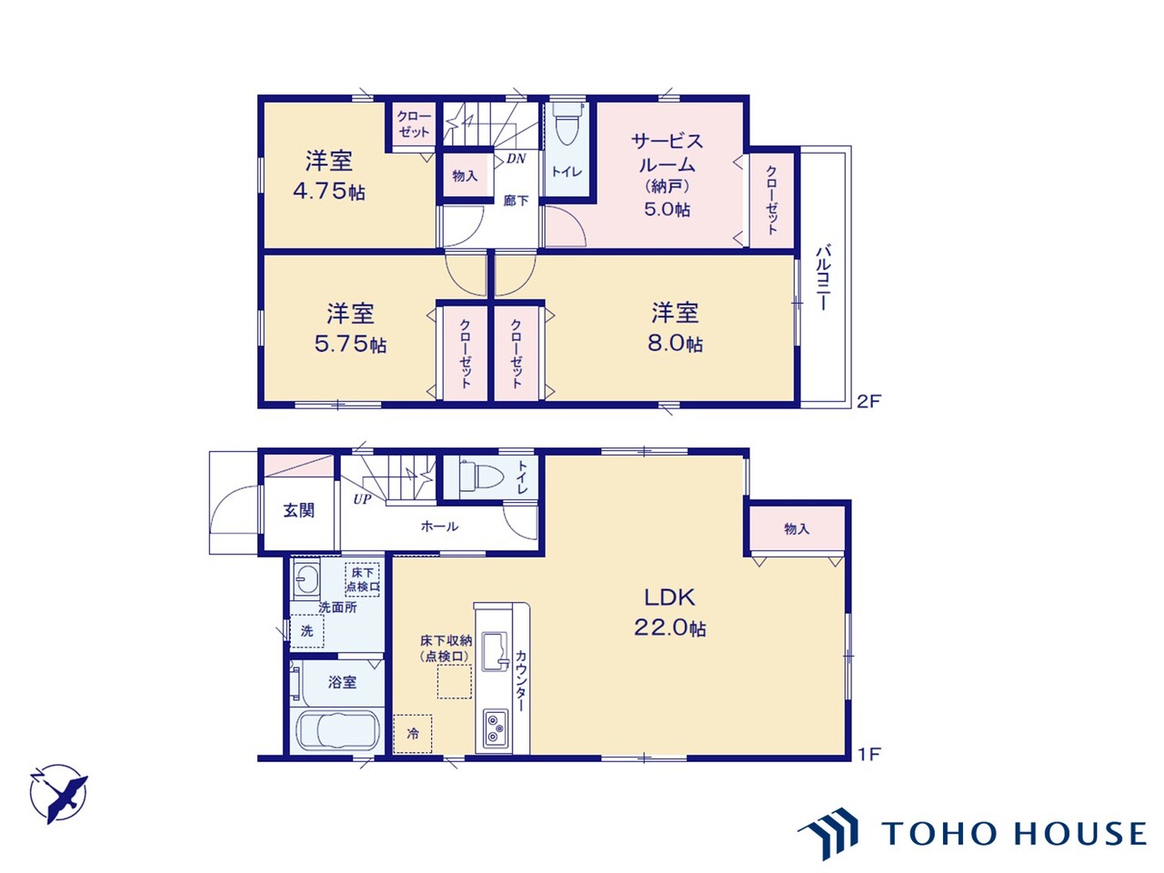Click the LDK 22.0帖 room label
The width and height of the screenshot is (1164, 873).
tap(669, 613)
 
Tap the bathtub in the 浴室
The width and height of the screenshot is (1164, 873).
tap(337, 731)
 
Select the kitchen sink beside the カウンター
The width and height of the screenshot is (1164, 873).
tap(495, 651)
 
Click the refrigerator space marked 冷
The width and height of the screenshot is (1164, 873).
tap(413, 734)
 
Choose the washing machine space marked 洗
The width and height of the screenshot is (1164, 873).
tap(306, 631)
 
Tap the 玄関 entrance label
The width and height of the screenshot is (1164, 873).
tap(299, 510)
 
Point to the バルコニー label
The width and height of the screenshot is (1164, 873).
tap(822, 276)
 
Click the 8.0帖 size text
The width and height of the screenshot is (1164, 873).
tap(675, 344)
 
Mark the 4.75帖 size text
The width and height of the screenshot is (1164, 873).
tap(329, 191)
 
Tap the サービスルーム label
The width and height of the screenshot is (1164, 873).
tap(667, 153)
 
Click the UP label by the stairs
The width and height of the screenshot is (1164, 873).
tap(362, 499)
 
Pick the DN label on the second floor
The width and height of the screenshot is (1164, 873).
tap(516, 158)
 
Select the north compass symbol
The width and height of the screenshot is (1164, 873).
tap(59, 794)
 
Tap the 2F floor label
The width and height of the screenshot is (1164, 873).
tap(868, 401)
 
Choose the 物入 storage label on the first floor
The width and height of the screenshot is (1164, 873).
tap(797, 528)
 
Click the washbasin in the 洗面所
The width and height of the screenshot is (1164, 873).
tap(306, 579)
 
